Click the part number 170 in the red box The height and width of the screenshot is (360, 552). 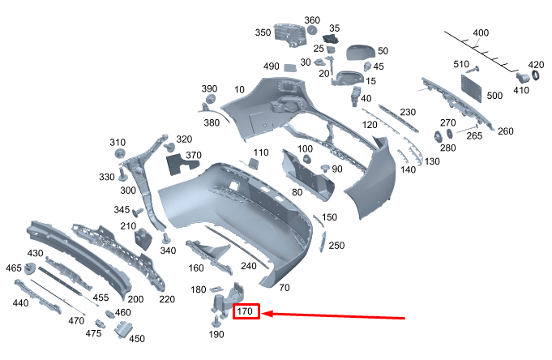coord(246,311)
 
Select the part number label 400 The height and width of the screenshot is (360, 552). coord(481,33)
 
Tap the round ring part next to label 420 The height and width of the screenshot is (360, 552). coord(535,76)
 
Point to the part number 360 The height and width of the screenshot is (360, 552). coord(312,20)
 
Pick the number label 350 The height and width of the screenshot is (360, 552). coord(263,33)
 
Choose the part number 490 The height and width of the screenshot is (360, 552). coord(271,66)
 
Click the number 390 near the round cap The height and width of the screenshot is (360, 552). coord(209,88)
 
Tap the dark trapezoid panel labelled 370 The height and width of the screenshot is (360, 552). coord(182,165)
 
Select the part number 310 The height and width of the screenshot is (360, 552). coord(118,142)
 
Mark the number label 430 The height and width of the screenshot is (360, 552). coord(35,254)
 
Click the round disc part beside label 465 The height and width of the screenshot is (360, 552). coord(21,284)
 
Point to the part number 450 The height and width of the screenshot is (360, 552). coord(137,339)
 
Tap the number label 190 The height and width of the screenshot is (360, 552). coord(216,334)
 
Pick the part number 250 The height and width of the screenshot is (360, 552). coord(336,246)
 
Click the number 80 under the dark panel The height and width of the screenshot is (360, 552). coord(297,192)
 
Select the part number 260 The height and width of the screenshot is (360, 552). coord(505,131)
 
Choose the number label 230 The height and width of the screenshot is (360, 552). coord(408,112)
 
